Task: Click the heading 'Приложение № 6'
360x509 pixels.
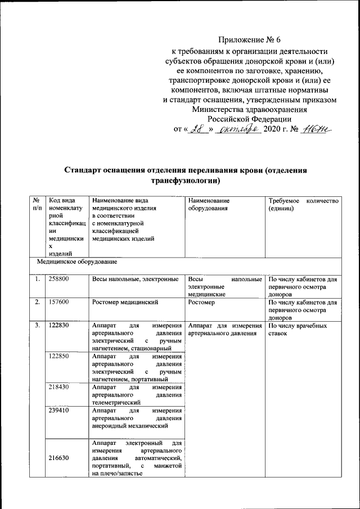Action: [x=249, y=40]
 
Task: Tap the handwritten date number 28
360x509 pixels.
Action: [x=196, y=130]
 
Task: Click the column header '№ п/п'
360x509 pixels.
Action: [x=37, y=204]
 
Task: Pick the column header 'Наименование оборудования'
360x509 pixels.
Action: [x=209, y=204]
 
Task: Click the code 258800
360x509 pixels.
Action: [x=58, y=280]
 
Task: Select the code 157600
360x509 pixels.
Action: [x=58, y=303]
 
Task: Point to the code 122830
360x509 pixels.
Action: [x=58, y=326]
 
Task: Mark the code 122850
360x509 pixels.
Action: [x=58, y=356]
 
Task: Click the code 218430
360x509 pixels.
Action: [x=58, y=388]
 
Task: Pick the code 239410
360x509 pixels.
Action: [x=58, y=411]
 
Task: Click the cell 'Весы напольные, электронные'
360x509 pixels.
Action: [x=135, y=280]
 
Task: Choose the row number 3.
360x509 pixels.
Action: [x=37, y=326]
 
